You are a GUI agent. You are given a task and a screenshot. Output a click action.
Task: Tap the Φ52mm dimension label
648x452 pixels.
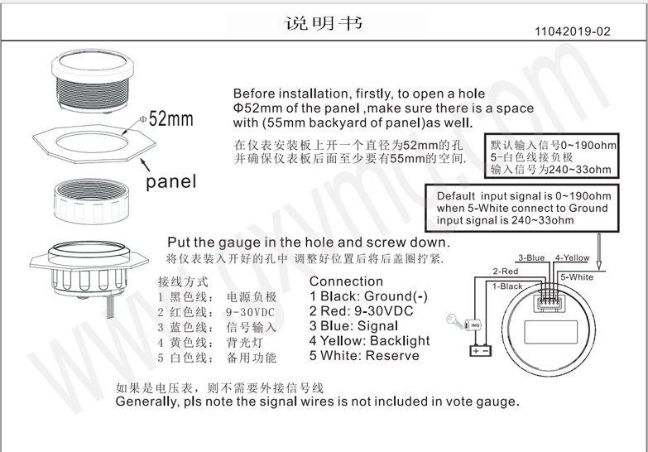167,118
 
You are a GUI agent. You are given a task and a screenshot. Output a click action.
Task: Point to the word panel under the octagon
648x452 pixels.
171,181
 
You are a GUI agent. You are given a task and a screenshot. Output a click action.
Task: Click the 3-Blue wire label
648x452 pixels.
531,257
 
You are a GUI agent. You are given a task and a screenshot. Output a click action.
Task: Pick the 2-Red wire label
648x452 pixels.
505,271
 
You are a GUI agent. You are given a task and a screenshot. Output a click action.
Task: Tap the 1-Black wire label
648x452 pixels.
507,286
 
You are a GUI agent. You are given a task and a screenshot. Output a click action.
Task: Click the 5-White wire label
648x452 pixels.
576,276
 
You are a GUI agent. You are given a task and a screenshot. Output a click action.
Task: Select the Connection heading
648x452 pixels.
346,281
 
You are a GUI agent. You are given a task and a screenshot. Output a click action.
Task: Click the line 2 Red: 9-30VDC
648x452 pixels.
360,311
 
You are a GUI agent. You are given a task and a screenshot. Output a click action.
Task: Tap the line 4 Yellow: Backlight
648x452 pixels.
369,341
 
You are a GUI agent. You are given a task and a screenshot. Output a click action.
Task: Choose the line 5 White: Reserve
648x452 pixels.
364,356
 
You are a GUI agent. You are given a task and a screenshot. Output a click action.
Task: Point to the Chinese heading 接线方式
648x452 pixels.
180,281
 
